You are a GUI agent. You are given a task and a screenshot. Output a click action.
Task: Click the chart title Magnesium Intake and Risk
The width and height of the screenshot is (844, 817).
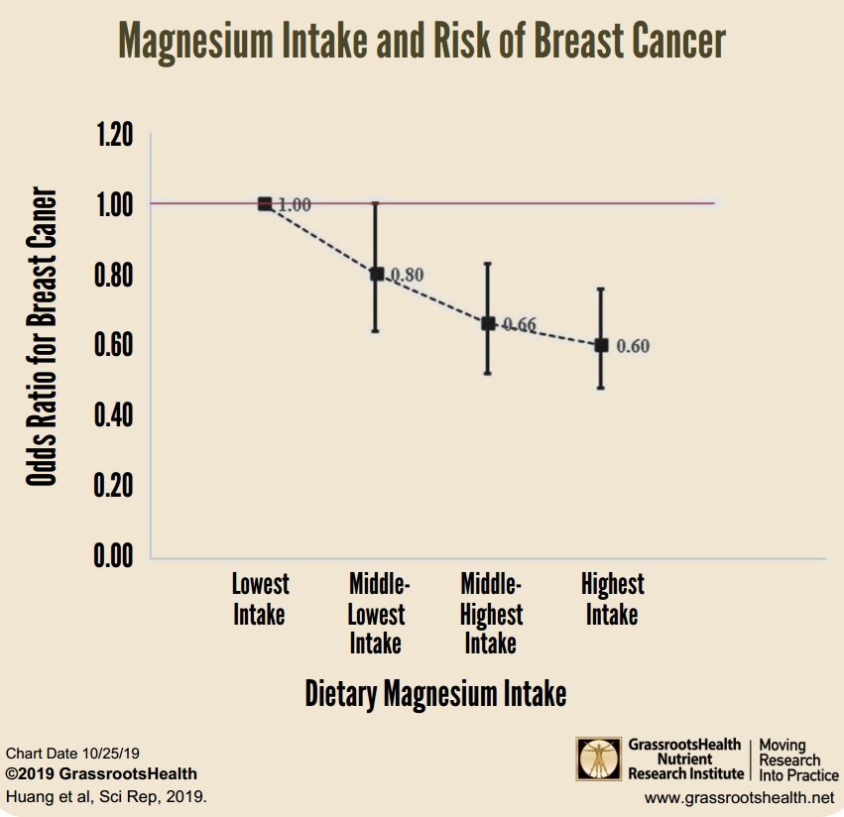pyautogui.click(x=422, y=41)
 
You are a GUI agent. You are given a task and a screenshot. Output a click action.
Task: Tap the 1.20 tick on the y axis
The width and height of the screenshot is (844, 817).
pyautogui.click(x=113, y=136)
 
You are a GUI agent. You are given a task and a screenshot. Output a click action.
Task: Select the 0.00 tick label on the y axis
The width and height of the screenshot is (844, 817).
pyautogui.click(x=113, y=556)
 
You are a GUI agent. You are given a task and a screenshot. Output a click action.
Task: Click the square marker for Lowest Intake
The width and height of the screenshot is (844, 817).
pyautogui.click(x=265, y=203)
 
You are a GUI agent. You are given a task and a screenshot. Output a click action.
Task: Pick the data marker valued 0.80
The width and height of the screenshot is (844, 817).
pyautogui.click(x=377, y=274)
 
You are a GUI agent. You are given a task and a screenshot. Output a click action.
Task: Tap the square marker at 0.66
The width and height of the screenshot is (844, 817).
pyautogui.click(x=488, y=323)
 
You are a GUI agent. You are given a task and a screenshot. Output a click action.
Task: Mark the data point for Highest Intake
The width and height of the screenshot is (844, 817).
pyautogui.click(x=601, y=345)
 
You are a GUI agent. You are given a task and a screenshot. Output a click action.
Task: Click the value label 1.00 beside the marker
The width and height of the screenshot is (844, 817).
pyautogui.click(x=295, y=205)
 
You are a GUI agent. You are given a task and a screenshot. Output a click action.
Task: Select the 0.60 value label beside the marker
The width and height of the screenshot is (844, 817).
pyautogui.click(x=633, y=346)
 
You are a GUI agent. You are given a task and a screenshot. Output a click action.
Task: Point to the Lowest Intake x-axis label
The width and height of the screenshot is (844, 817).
pyautogui.click(x=260, y=599)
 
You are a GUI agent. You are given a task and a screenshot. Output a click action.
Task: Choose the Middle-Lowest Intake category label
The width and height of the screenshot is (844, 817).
pyautogui.click(x=378, y=614)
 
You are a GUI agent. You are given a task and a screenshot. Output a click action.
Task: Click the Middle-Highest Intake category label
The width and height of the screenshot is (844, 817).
pyautogui.click(x=491, y=614)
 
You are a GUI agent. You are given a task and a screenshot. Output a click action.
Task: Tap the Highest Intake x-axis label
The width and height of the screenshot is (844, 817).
pyautogui.click(x=612, y=599)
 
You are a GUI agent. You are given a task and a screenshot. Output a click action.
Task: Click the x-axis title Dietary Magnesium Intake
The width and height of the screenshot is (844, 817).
pyautogui.click(x=435, y=693)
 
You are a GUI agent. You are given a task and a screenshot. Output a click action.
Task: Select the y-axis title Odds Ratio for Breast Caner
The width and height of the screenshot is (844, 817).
pyautogui.click(x=41, y=336)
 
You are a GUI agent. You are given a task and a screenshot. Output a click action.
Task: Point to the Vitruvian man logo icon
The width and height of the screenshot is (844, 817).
pyautogui.click(x=600, y=759)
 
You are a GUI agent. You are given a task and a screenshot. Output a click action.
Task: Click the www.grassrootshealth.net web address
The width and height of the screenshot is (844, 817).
pyautogui.click(x=740, y=797)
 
